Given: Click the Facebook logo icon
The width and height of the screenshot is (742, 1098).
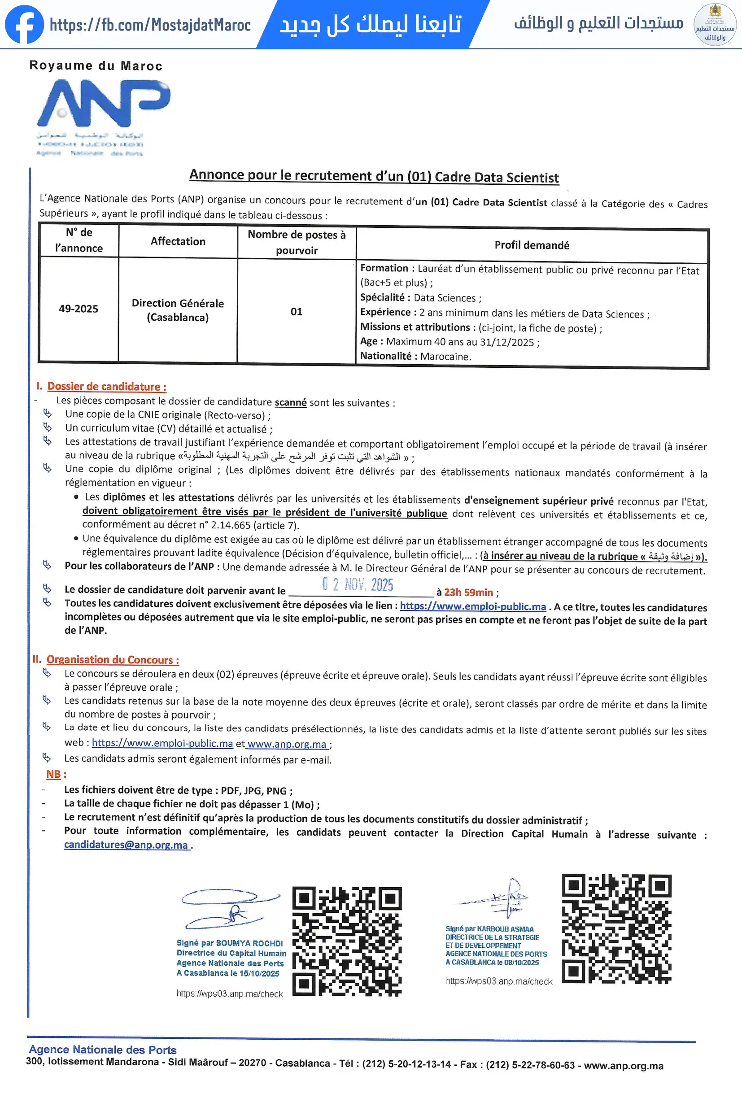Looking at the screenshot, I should click(24, 24).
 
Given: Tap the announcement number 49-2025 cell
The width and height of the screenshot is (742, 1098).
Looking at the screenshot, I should click(79, 309).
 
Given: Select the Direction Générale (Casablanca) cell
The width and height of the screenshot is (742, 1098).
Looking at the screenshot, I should click(178, 310).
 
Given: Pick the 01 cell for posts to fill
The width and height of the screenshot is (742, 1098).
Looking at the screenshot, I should click(297, 311).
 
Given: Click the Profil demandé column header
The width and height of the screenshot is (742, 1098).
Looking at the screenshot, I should click(532, 245).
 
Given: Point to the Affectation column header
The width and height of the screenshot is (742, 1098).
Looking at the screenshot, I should click(178, 241).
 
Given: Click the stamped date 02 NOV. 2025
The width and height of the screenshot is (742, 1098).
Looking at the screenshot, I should click(358, 585).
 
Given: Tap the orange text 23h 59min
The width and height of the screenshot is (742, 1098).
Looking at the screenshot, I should click(468, 593).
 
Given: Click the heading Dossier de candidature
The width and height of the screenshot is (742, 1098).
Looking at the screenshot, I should click(106, 387).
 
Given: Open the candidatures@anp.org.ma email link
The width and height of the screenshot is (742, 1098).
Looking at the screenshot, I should click(126, 845).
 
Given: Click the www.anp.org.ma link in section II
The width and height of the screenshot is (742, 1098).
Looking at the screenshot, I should click(287, 744).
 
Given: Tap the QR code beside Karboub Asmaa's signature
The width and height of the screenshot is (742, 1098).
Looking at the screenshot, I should click(616, 928).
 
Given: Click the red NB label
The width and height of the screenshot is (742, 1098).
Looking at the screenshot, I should click(53, 774).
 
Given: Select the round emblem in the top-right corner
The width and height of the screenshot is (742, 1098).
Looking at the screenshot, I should click(715, 25).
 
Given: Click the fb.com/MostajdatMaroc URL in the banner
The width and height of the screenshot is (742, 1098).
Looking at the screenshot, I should click(150, 25).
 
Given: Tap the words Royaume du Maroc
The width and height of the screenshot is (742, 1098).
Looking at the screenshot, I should click(96, 65).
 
